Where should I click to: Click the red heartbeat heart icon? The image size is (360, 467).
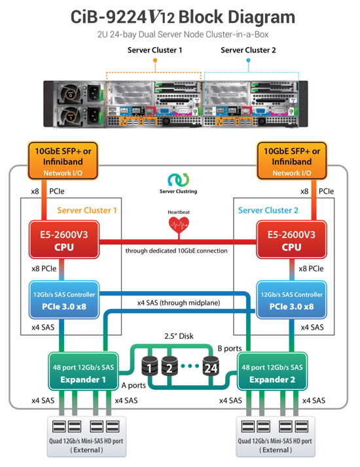tap(179, 224)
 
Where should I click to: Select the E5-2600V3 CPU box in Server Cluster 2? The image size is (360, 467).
tap(293, 241)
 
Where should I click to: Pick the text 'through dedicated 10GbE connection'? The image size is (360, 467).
tap(178, 251)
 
